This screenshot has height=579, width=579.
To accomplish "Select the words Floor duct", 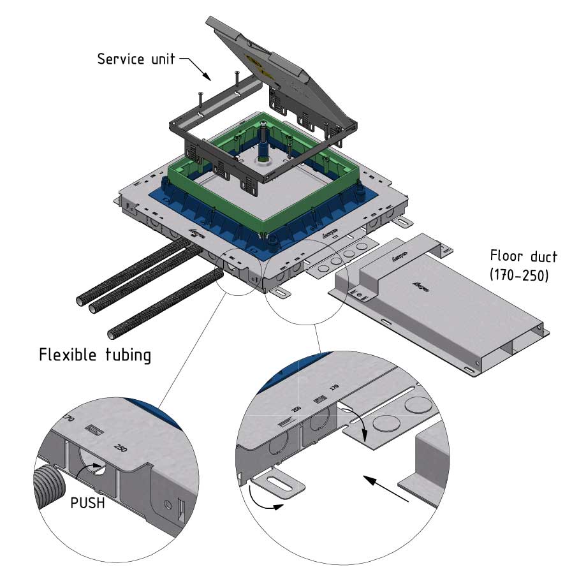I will coord(523,257).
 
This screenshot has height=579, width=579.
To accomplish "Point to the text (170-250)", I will coord(522,276).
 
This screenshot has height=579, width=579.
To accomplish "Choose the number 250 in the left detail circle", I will coord(120,448).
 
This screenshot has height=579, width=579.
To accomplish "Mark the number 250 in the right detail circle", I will coord(295,409).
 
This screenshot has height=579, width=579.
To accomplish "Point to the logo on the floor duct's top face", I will coord(418,286).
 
